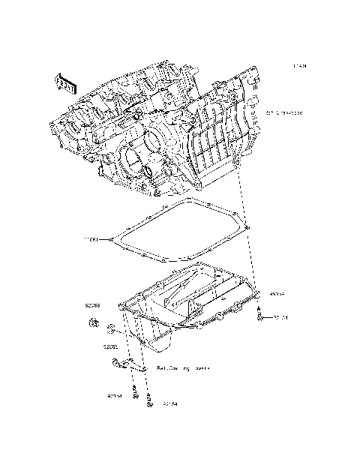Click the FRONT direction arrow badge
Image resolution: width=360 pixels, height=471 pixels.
click(x=64, y=82)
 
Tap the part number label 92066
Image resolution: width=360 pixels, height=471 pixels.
click(x=92, y=306)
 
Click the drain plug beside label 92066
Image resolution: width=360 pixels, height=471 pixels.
click(x=95, y=323)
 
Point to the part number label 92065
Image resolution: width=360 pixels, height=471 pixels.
click(x=110, y=347)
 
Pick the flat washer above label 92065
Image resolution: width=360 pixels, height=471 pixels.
click(x=110, y=328)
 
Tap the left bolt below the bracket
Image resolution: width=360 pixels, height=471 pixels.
click(x=136, y=391)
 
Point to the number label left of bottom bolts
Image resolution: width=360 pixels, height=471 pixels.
click(x=115, y=395)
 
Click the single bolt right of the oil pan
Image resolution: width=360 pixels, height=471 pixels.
click(x=259, y=316)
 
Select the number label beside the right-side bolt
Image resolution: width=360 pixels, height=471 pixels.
click(x=280, y=318)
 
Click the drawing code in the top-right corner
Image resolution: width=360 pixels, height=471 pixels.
click(x=300, y=67)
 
